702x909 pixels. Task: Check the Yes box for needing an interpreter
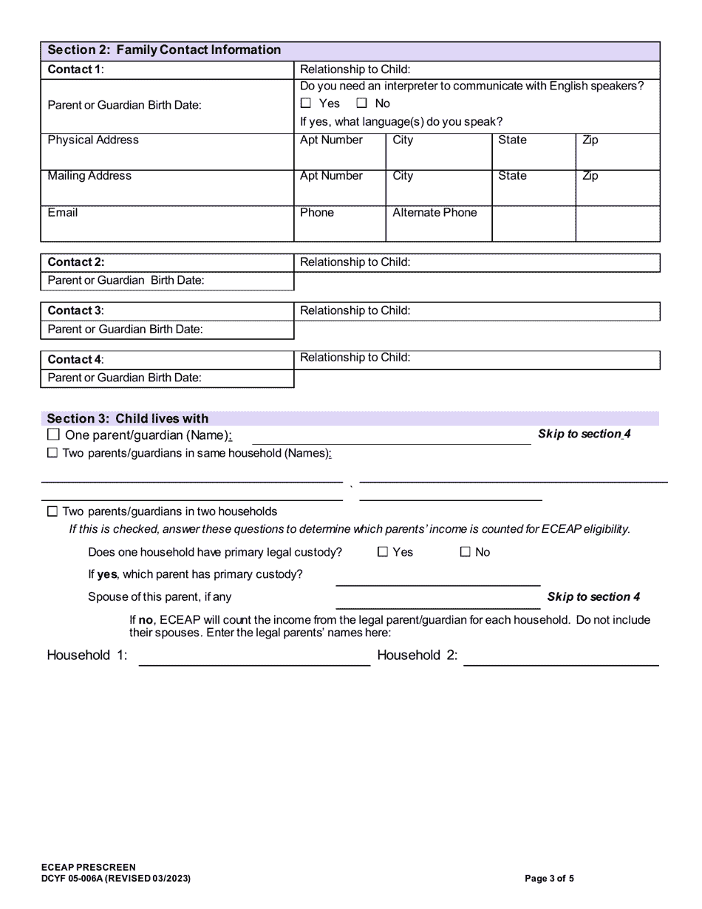coord(306,104)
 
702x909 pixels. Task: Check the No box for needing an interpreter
coord(362,104)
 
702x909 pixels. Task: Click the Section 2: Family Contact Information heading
coord(164,50)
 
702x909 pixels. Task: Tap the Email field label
coord(63,213)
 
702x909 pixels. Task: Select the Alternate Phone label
coord(435,213)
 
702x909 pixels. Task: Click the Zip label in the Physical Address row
coord(590,140)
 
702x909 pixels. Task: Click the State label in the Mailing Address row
coord(512,176)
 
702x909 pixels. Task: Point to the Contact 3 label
coord(75,311)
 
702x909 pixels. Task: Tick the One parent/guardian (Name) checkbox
coord(52,435)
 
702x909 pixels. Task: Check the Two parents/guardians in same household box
coord(52,454)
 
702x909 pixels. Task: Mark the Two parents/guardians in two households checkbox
coord(52,512)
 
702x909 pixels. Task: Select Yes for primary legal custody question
coord(383,552)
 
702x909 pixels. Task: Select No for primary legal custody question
coord(466,552)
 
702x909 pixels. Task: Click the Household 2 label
coord(417,656)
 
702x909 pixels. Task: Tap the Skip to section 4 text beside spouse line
coord(593,597)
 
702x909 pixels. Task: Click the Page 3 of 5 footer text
coord(549,879)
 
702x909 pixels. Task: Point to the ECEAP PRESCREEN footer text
coord(89,868)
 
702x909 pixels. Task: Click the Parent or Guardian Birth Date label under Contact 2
coord(126,281)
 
